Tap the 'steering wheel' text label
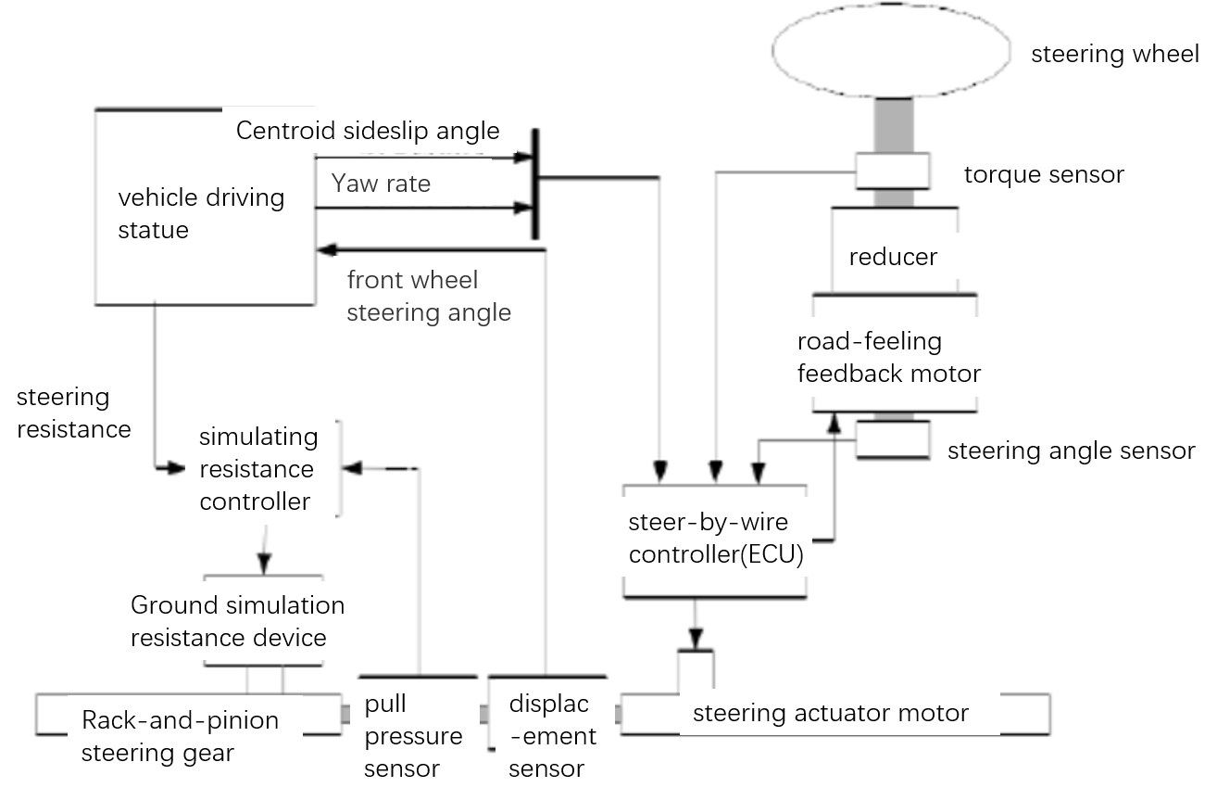tap(1115, 54)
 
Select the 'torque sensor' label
tap(1044, 174)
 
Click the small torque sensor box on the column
tap(892, 171)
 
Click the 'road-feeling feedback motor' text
tap(888, 358)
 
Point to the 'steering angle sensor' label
tap(1071, 451)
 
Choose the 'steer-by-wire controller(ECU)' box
tap(714, 540)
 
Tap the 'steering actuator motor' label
tap(830, 714)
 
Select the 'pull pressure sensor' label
tap(413, 737)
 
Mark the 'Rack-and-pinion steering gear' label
tap(180, 737)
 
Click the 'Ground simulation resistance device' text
tap(237, 622)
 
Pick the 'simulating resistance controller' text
tap(257, 469)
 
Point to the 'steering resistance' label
tap(73, 413)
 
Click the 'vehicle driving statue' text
tap(201, 213)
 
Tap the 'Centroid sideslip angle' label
tap(368, 131)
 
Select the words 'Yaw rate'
tap(381, 184)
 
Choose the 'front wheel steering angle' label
tap(428, 297)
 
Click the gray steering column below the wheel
tap(891, 125)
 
